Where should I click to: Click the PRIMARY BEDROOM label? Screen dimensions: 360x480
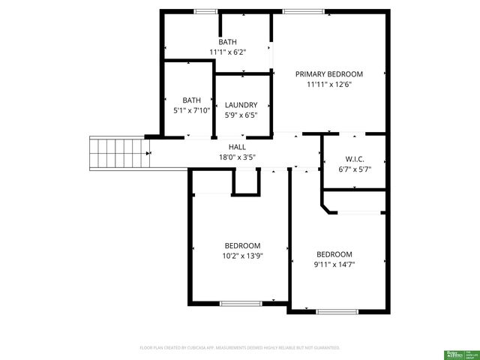tap(328, 74)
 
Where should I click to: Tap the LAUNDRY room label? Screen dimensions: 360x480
tap(241, 105)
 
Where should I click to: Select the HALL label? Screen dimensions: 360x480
tap(237, 147)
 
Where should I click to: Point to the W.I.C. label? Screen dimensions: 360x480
tap(355, 159)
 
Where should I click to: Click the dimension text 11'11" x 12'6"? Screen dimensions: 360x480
tap(328, 85)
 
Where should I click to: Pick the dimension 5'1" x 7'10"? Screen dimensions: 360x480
tap(191, 110)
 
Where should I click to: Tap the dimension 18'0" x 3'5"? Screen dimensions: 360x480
tap(237, 157)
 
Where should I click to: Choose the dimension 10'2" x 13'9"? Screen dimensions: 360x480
tap(242, 256)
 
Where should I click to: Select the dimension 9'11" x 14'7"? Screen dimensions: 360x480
tap(334, 264)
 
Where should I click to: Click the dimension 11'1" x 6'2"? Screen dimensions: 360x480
tap(227, 52)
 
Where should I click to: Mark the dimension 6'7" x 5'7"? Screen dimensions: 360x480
tap(355, 169)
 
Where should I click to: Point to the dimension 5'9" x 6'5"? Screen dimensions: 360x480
tap(241, 115)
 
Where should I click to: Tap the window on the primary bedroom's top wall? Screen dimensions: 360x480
tap(303, 11)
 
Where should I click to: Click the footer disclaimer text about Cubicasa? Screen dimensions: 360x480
tap(240, 348)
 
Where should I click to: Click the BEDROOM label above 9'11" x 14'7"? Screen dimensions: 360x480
tap(334, 253)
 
